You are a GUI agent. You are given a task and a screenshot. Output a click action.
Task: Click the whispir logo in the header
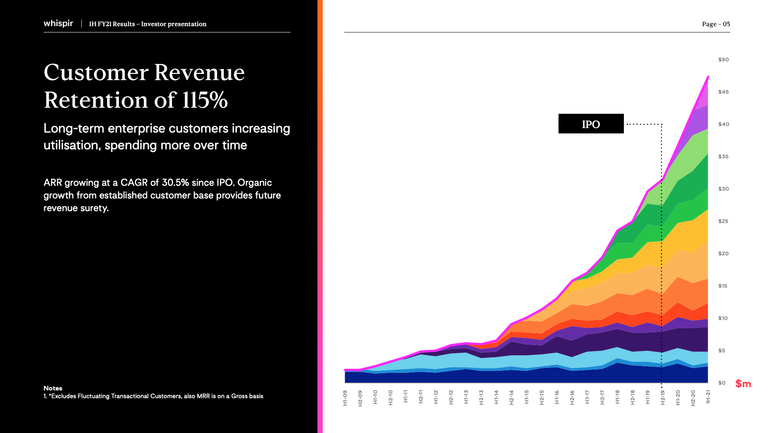(x=58, y=23)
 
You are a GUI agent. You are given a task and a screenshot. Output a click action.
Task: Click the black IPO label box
(x=591, y=124)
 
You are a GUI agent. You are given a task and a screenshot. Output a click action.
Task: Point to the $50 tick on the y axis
(x=723, y=60)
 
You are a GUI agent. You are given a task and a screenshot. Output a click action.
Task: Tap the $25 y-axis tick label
(x=723, y=221)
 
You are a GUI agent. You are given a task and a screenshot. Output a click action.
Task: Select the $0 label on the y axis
(x=722, y=383)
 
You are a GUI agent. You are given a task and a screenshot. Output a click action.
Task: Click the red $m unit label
(x=743, y=383)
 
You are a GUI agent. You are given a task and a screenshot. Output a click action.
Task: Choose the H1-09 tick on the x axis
(x=345, y=397)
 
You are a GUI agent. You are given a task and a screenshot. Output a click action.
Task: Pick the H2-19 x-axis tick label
(x=663, y=397)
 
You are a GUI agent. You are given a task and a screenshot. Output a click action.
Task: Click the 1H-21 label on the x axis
(x=708, y=397)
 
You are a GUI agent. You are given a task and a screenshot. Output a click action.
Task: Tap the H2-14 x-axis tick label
(x=512, y=397)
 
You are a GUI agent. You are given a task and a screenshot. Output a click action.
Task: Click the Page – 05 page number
(x=716, y=24)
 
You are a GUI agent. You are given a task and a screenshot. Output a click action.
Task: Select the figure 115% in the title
(x=205, y=100)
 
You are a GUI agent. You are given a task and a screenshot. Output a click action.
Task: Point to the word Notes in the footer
(x=53, y=388)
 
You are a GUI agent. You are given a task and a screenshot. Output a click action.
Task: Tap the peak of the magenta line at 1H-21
(x=708, y=77)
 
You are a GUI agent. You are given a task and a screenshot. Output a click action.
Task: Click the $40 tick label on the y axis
(x=723, y=124)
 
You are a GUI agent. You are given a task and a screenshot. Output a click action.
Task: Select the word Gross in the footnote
(x=239, y=396)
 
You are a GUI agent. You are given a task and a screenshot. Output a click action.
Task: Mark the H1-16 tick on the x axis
(x=557, y=397)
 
